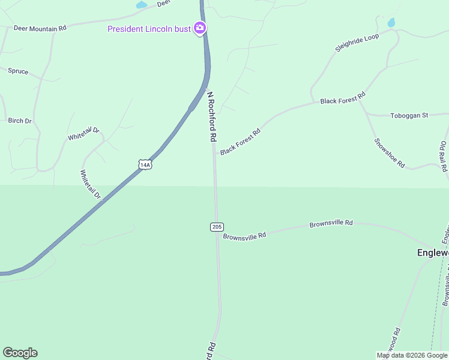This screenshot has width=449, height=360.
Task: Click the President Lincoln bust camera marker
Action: tap(200, 28)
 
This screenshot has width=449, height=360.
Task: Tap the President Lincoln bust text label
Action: tap(149, 29)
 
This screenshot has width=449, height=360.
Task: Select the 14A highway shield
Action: tap(144, 164)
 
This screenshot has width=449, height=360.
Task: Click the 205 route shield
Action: tap(217, 226)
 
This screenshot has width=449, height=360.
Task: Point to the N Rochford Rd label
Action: tap(211, 116)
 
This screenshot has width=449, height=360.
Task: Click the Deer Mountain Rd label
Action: tap(40, 28)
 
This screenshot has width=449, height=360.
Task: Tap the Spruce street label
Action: tap(18, 71)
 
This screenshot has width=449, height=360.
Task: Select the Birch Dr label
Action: tap(20, 121)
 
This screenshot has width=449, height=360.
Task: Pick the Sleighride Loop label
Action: tap(357, 43)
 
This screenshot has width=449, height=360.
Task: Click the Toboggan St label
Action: tap(409, 115)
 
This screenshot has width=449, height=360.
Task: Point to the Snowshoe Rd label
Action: tap(390, 153)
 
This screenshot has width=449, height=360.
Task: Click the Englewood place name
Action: tap(433, 253)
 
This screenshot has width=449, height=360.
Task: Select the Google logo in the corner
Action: tap(20, 353)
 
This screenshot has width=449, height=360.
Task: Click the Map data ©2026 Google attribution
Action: tap(412, 355)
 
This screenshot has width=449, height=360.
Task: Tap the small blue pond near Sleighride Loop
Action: tap(391, 23)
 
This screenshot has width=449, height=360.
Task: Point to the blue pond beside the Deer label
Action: tap(142, 5)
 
